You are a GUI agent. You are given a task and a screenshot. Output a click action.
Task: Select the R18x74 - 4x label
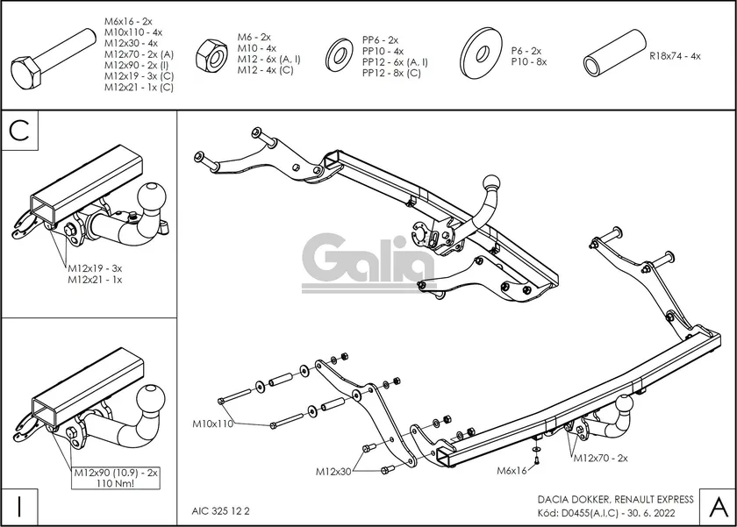tap(675, 55)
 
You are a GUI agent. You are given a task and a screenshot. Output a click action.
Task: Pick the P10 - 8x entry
tap(529, 62)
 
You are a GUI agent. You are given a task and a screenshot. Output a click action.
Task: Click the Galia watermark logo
tap(368, 260)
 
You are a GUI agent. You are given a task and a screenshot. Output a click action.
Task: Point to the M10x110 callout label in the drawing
tap(213, 424)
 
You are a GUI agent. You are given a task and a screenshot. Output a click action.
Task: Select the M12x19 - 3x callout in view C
tap(94, 268)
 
